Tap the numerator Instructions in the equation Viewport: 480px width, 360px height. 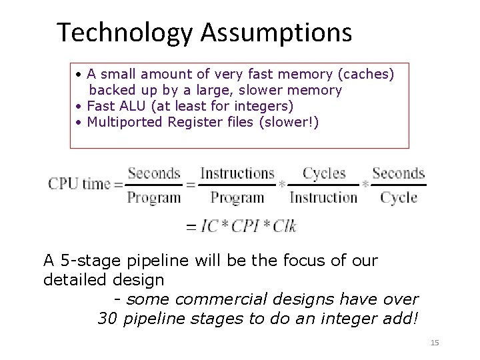(x=237, y=173)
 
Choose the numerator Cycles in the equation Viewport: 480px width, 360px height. (x=324, y=173)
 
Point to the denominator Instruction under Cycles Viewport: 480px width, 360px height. (x=324, y=197)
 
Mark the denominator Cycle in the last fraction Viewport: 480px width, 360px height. (x=399, y=197)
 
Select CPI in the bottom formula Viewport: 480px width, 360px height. (x=247, y=227)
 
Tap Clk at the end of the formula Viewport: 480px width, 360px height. (x=285, y=227)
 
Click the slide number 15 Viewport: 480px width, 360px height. (x=435, y=343)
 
